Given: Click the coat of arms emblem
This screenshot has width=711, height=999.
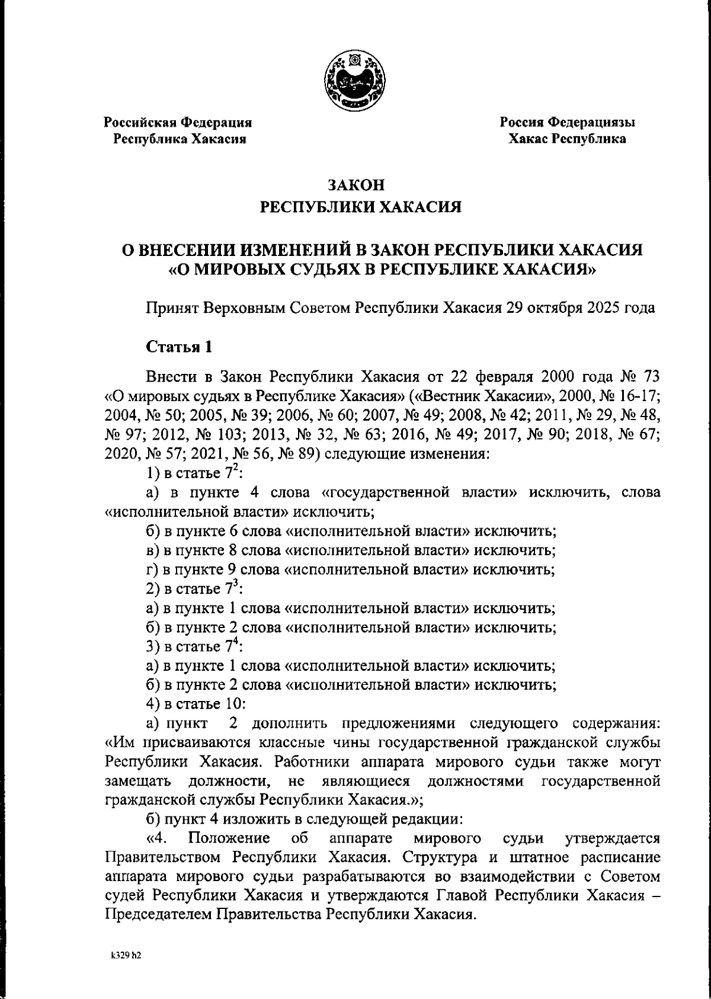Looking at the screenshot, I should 355,81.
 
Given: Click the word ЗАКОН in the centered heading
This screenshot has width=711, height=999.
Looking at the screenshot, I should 357,185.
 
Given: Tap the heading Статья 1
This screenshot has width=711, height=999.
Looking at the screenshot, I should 178,347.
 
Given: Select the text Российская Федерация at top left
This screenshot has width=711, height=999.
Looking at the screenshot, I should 178,123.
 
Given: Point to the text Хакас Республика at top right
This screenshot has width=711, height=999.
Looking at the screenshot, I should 567,139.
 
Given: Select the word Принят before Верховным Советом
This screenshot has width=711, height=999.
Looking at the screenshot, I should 172,309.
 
